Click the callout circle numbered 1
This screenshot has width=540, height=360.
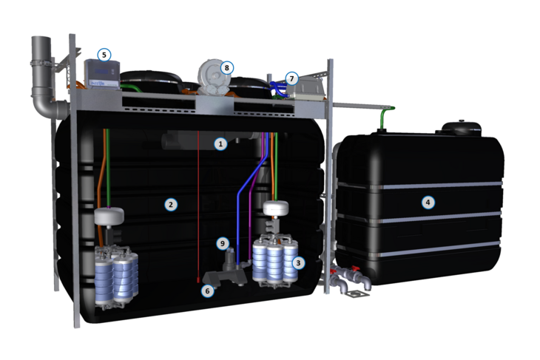coord(220,143)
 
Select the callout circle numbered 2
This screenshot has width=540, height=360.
coord(171,205)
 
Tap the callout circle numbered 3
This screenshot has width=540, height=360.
coord(298,263)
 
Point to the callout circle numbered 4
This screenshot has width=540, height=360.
coord(428,202)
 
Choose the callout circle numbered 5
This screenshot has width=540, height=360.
coord(104,55)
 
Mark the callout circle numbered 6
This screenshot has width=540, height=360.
coord(207,291)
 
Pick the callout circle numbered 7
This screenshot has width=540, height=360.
coord(291,79)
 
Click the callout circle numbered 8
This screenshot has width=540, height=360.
coord(226,68)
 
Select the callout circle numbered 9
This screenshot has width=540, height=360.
coord(223,244)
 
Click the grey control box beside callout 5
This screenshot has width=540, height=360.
coord(102,75)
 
